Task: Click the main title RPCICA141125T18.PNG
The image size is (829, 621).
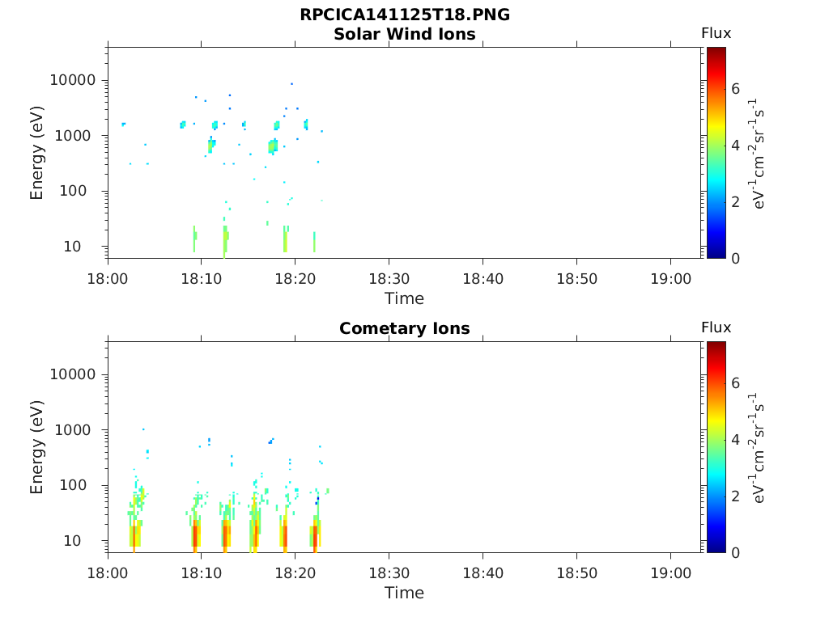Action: click(405, 15)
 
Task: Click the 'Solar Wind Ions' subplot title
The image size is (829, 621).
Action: click(405, 34)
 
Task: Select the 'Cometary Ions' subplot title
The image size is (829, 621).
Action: click(405, 328)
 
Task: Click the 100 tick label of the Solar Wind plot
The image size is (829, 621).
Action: click(83, 191)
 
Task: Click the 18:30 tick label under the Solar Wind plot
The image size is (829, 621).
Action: click(389, 279)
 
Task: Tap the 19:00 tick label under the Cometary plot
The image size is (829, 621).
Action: click(670, 573)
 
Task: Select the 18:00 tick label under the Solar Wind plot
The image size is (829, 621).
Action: click(108, 279)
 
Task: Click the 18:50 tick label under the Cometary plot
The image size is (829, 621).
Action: click(576, 573)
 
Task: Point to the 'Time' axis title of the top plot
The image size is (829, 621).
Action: click(404, 298)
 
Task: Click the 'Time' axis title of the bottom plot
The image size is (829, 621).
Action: click(404, 593)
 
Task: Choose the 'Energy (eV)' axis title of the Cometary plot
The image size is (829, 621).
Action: click(37, 447)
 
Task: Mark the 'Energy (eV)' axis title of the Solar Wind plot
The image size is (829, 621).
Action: click(37, 153)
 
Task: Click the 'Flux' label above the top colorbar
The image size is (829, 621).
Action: click(716, 33)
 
